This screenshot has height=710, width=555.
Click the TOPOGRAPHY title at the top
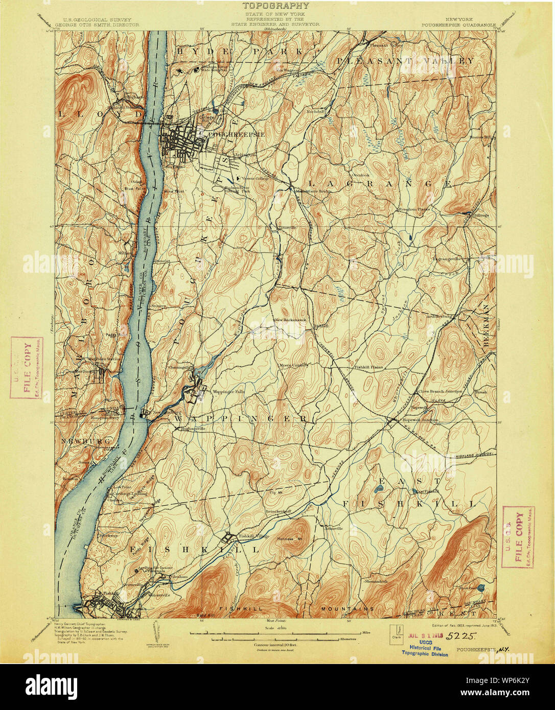(x=276, y=6)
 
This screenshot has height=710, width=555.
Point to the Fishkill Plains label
(x=365, y=367)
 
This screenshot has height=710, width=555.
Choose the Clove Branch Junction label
(x=440, y=391)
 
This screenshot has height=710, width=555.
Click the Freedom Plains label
(x=414, y=209)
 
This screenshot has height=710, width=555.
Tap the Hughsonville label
(x=192, y=429)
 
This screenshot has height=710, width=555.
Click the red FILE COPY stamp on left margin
(x=27, y=366)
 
